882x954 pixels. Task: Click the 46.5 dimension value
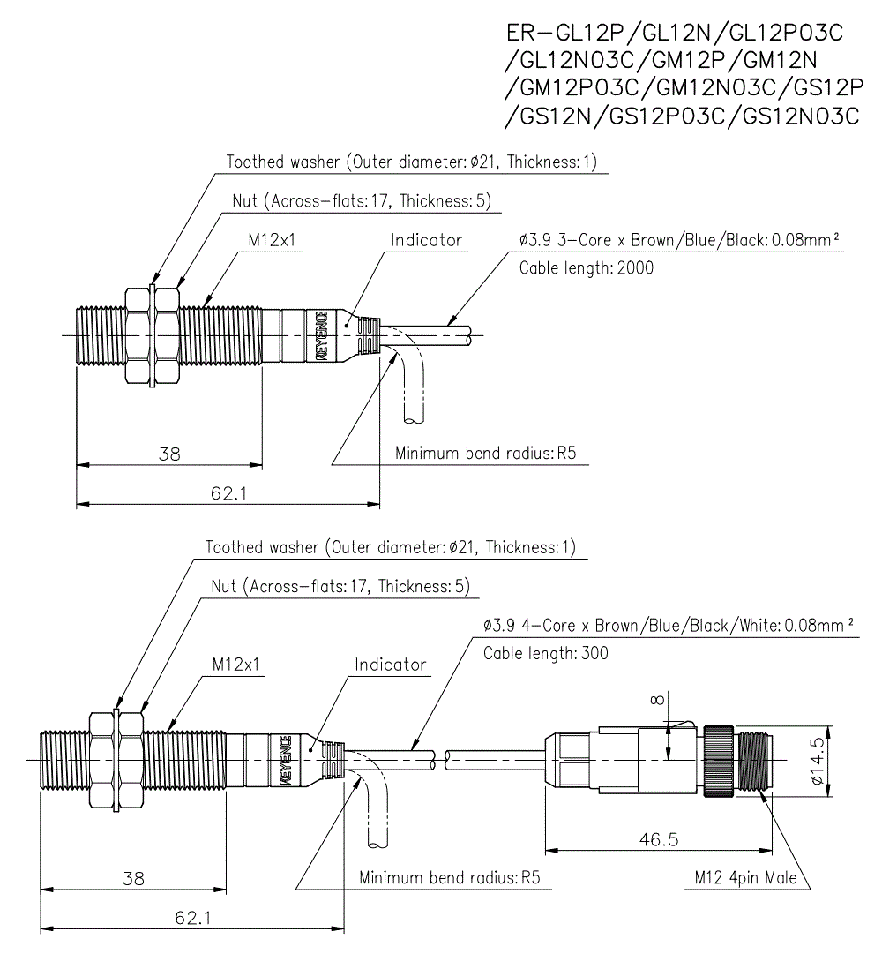pos(658,839)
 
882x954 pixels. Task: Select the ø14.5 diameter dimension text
pos(817,761)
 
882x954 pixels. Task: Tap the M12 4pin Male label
pos(745,878)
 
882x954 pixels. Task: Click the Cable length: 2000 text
pos(586,267)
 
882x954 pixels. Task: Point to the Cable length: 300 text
pos(545,653)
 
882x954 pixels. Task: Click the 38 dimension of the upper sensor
pos(169,454)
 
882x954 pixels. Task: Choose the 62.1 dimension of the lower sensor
pos(192,918)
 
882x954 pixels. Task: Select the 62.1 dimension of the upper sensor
pos(228,492)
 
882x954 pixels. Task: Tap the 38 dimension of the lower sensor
pos(134,879)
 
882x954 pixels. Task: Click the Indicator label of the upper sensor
pos(426,240)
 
